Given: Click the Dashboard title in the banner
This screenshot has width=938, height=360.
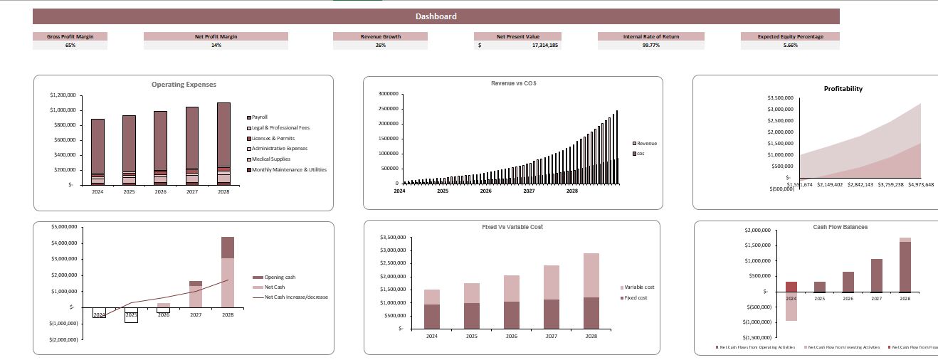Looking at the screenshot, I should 436,16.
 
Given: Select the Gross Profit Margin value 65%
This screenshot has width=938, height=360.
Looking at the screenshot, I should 70,45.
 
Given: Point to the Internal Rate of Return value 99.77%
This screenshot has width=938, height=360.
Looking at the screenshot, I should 650,45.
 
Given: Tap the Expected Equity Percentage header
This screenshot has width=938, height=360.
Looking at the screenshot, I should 789,36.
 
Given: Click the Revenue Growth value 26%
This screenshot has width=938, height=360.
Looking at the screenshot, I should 380,45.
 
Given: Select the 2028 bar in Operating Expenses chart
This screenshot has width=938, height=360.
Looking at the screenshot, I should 224,142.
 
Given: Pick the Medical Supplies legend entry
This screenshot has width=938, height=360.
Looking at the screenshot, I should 272,159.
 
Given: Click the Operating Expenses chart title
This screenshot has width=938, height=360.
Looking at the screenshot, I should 184,85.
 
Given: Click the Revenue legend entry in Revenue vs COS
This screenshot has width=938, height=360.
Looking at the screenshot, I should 646,143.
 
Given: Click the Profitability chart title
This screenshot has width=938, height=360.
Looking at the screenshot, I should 843,89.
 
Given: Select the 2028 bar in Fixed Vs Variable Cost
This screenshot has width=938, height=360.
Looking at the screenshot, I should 591,292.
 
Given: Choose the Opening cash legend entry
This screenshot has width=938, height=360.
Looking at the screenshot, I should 279,277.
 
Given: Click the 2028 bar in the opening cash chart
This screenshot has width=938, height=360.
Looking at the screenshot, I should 228,274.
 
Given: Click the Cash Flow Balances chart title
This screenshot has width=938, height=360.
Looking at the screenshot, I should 840,227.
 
